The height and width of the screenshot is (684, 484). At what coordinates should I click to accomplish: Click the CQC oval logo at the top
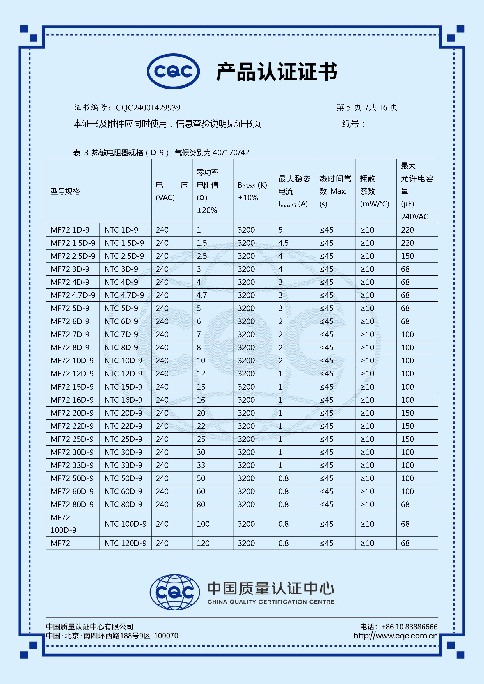pyautogui.click(x=173, y=72)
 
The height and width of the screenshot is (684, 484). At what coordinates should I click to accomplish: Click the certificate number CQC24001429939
pyautogui.click(x=148, y=108)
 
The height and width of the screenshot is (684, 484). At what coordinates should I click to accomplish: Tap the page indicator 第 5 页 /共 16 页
pyautogui.click(x=367, y=108)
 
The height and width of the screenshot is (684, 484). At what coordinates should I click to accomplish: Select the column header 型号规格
pyautogui.click(x=65, y=191)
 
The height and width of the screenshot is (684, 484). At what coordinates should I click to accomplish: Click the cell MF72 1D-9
pyautogui.click(x=70, y=230)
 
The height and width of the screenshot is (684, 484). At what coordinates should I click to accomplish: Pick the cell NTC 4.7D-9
pyautogui.click(x=124, y=295)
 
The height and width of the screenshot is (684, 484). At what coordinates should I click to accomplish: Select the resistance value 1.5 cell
pyautogui.click(x=202, y=243)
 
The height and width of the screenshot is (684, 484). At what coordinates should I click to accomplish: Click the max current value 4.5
pyautogui.click(x=283, y=243)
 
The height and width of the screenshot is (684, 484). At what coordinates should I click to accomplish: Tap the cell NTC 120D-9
pyautogui.click(x=125, y=543)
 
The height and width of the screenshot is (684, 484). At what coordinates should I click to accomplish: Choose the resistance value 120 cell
pyautogui.click(x=203, y=543)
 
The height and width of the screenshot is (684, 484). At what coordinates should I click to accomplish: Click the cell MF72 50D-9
pyautogui.click(x=72, y=478)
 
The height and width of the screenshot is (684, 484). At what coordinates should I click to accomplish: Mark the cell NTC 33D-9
pyautogui.click(x=123, y=465)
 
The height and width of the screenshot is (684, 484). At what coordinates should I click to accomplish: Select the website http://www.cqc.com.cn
pyautogui.click(x=395, y=636)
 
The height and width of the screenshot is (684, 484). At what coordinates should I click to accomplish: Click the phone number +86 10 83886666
pyautogui.click(x=409, y=627)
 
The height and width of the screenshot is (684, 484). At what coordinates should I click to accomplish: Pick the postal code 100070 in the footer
pyautogui.click(x=166, y=636)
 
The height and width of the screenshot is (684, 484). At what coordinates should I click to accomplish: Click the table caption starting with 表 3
pyautogui.click(x=161, y=152)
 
